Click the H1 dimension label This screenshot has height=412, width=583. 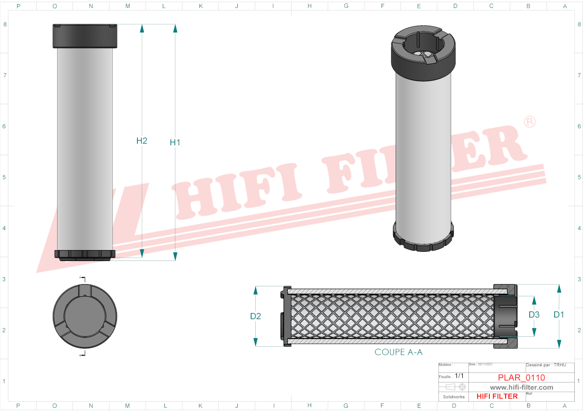click(x=175, y=142)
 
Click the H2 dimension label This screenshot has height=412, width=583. click(x=142, y=141)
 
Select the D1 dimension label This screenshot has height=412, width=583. click(x=559, y=315)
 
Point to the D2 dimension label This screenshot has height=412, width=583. click(x=255, y=316)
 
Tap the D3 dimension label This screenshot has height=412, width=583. click(x=534, y=315)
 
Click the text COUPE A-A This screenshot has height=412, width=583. click(x=399, y=352)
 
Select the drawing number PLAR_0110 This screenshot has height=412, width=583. click(x=521, y=377)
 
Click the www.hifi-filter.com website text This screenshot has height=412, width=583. click(x=521, y=387)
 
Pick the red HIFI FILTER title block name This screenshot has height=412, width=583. click(x=497, y=396)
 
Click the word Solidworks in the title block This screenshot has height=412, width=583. click(x=453, y=397)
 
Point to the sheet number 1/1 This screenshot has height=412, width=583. click(x=459, y=376)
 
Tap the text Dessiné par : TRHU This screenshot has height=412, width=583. click(x=546, y=365)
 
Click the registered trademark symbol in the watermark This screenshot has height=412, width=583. click(x=530, y=122)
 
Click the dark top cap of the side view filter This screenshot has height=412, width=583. click(x=85, y=36)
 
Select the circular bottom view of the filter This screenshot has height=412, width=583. click(x=85, y=316)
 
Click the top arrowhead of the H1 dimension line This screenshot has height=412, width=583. click(x=175, y=28)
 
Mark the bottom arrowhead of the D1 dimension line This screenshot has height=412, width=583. click(x=559, y=344)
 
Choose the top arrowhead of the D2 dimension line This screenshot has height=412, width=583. click(x=256, y=290)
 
